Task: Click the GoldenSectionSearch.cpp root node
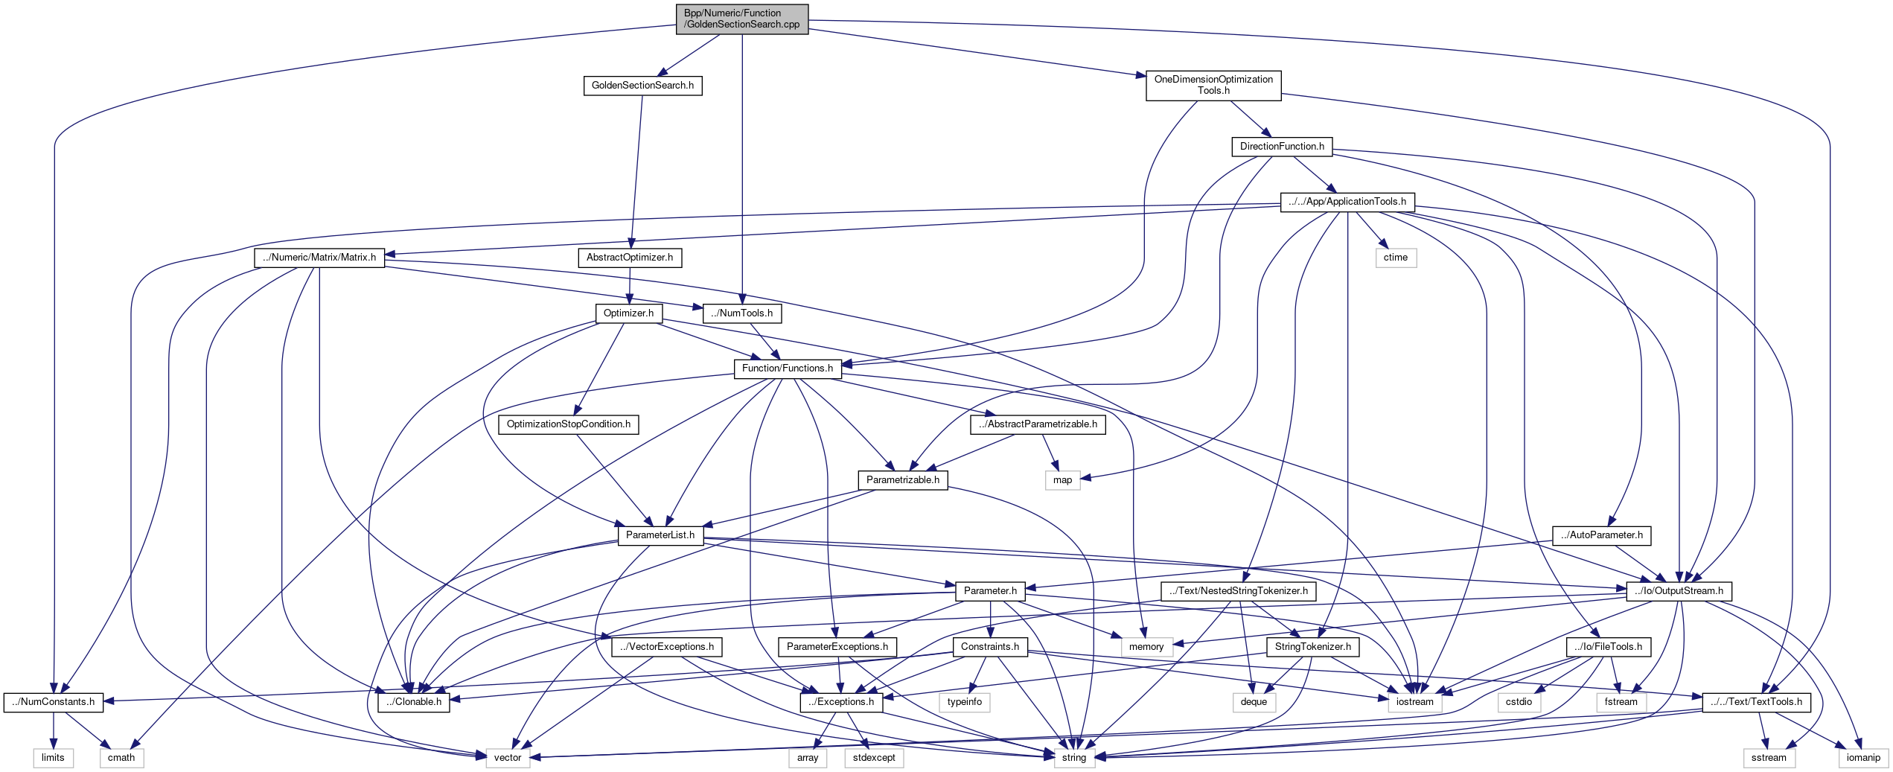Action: (x=741, y=19)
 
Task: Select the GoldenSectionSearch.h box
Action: (x=642, y=86)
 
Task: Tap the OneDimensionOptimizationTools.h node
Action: (x=1213, y=85)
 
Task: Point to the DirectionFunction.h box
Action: (x=1282, y=147)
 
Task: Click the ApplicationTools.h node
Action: (x=1347, y=202)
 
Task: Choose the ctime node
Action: (x=1396, y=258)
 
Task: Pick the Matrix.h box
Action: (x=319, y=258)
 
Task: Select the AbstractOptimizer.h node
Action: (x=630, y=258)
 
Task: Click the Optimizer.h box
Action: (x=628, y=313)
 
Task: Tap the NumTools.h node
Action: (x=742, y=313)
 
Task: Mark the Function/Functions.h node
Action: (x=788, y=369)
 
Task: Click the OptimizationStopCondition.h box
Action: (x=569, y=424)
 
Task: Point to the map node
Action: (x=1062, y=480)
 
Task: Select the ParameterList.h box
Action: (x=660, y=535)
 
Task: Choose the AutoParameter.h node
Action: (x=1602, y=535)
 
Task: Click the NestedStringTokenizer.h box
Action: (x=1239, y=591)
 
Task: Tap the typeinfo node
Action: (x=965, y=702)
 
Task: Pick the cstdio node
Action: (x=1519, y=702)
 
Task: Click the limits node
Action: (x=53, y=758)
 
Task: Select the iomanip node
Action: (x=1863, y=758)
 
